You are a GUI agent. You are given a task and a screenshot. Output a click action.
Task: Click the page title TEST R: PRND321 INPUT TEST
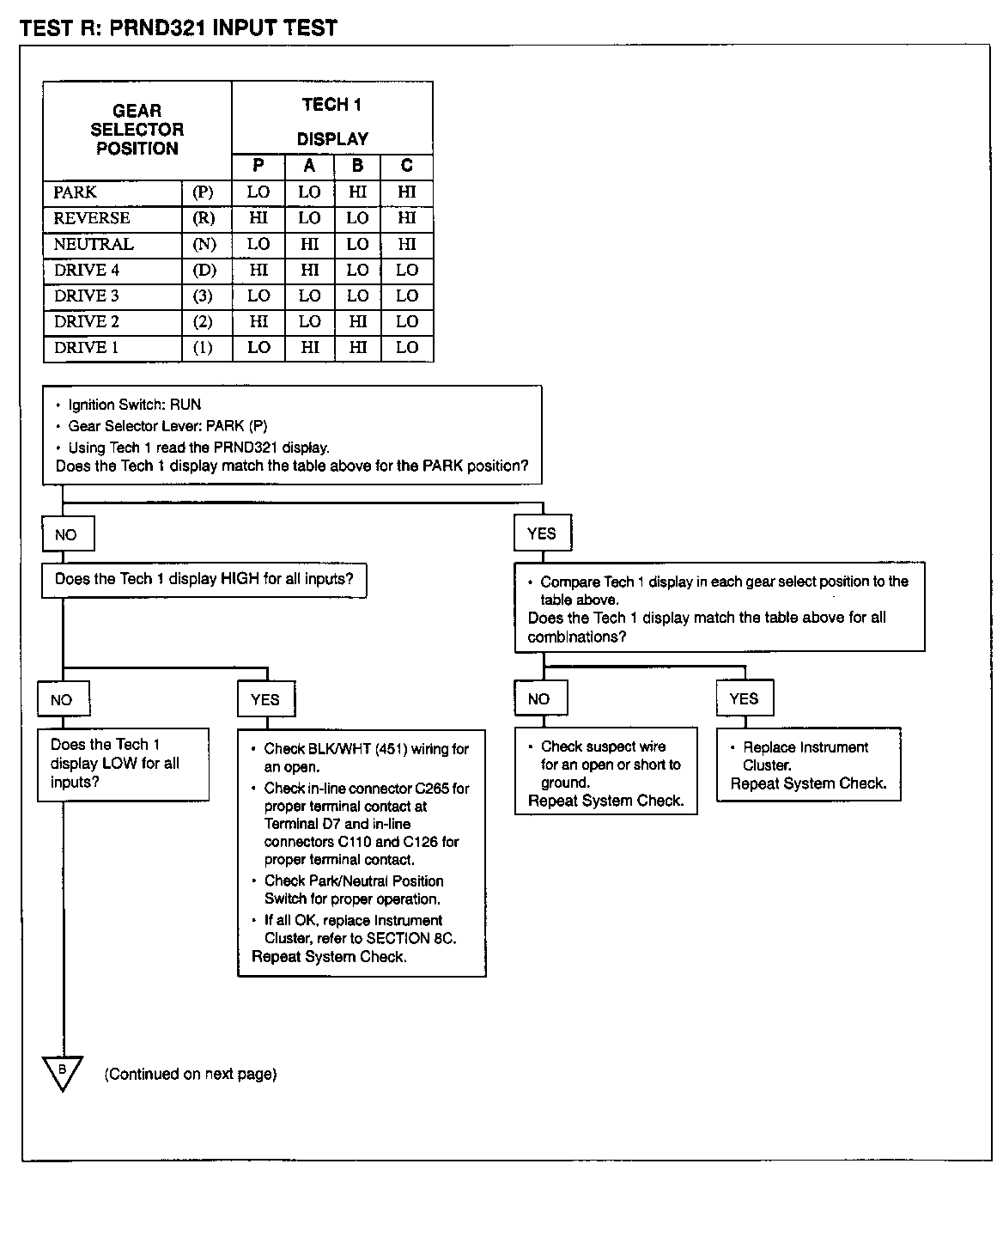point(179,27)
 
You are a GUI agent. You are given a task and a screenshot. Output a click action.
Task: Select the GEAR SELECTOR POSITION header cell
point(137,130)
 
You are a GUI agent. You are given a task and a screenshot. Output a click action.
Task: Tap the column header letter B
point(358,167)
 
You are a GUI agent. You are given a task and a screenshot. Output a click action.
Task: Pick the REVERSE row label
point(92,218)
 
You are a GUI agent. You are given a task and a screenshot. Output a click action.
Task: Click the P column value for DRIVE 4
point(258,270)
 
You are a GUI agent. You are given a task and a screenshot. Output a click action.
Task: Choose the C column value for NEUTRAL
point(407,244)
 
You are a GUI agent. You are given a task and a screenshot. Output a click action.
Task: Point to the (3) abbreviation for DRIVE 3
point(204,296)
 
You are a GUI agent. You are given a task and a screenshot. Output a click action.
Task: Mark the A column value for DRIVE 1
point(309,347)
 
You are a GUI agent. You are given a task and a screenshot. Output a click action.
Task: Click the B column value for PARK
point(358,192)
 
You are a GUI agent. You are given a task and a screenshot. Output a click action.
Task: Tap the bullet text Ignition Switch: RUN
point(134,405)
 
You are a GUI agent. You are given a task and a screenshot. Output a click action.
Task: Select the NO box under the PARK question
point(67,534)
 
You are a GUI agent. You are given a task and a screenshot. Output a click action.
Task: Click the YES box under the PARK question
point(542,533)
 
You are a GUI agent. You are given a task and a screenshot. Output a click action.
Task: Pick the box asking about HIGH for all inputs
point(204,580)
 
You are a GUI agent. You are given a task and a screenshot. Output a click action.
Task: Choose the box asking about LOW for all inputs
point(123,764)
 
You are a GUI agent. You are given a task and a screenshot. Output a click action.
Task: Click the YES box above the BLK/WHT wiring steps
point(265,699)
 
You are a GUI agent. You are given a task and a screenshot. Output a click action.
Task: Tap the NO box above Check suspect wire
point(538,698)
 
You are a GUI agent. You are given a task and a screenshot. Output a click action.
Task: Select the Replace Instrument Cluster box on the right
point(808,765)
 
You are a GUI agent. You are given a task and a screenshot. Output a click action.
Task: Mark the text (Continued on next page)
point(191,1074)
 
